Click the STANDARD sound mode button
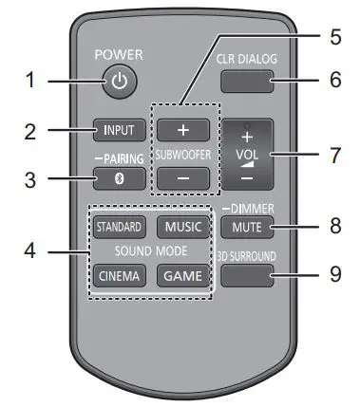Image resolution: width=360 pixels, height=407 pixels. (x=118, y=227)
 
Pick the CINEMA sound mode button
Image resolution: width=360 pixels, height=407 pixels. (x=118, y=276)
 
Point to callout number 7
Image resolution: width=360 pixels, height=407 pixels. (x=333, y=153)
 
